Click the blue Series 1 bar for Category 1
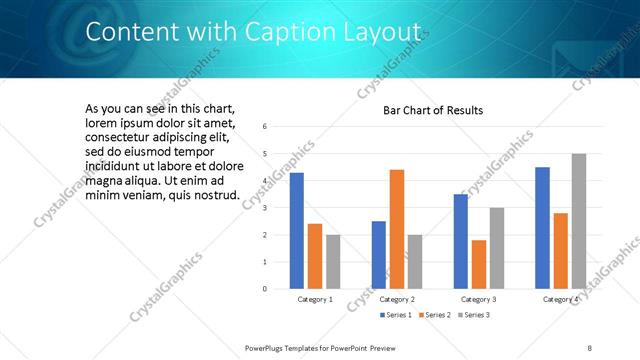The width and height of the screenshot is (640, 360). (297, 231)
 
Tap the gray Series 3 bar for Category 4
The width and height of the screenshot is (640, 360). (579, 221)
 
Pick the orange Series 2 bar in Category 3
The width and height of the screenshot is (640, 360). (479, 264)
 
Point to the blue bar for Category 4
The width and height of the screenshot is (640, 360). (543, 228)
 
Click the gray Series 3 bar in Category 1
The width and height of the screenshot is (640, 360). (333, 262)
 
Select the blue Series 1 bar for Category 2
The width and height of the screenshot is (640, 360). (379, 255)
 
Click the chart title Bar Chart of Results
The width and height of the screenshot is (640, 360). (433, 110)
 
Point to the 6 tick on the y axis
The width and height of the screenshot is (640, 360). (265, 127)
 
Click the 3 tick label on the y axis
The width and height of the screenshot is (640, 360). (265, 208)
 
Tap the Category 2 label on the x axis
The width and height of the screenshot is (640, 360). (397, 299)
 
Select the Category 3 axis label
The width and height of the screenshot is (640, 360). (479, 299)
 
